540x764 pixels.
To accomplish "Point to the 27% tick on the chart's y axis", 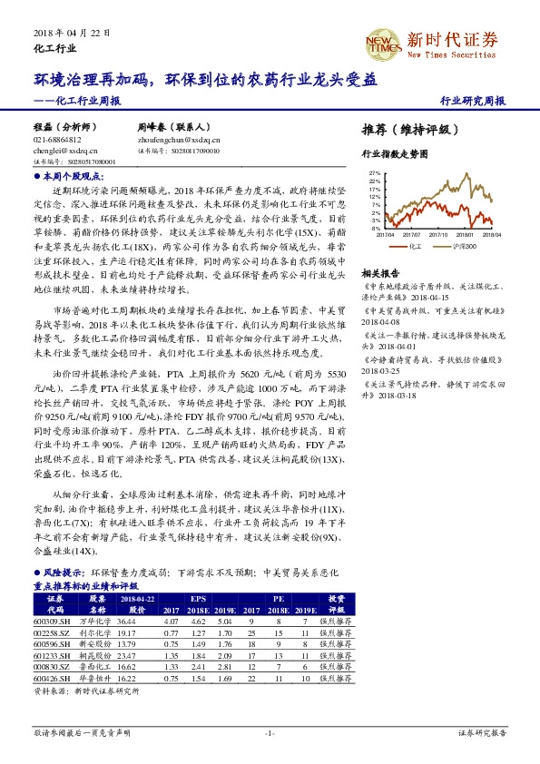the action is [x=375, y=172].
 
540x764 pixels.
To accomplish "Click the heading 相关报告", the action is [x=379, y=273].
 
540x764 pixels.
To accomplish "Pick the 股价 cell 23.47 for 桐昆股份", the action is [x=125, y=654].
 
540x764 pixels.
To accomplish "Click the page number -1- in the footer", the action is [x=270, y=732].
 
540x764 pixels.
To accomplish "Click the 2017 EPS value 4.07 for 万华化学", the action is [x=172, y=619].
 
